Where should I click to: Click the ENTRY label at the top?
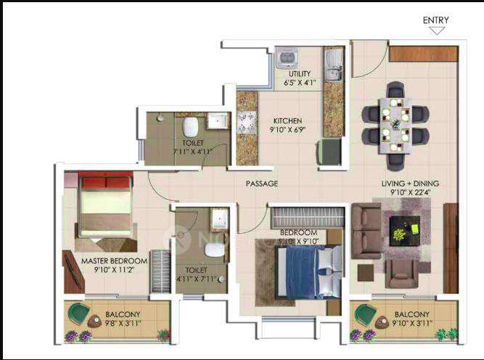[435, 20]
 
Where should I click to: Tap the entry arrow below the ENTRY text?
[436, 30]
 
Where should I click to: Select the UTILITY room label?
[300, 74]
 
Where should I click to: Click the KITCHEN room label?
[287, 121]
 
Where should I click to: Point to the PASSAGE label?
[261, 184]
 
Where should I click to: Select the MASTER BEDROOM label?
[114, 261]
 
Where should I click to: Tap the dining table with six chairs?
[396, 125]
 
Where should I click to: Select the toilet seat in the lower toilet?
[213, 250]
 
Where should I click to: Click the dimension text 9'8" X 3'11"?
[116, 324]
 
